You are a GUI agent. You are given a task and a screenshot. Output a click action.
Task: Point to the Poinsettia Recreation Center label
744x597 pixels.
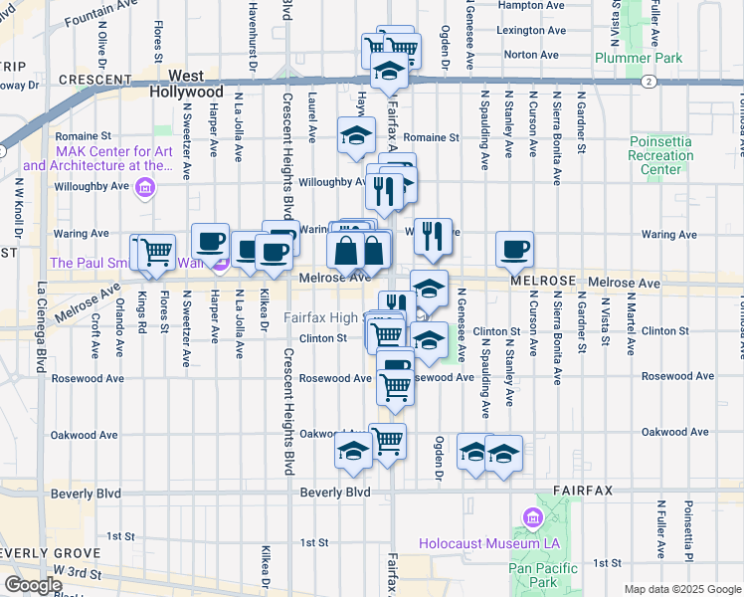[x=660, y=155]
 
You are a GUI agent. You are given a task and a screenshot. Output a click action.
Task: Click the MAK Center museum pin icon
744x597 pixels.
[x=145, y=186]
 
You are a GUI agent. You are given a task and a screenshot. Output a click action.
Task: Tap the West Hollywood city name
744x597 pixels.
[x=186, y=83]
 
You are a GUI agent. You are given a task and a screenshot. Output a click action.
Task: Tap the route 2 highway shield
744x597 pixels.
[x=648, y=82]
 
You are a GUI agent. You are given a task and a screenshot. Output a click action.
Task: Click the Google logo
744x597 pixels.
[x=33, y=585]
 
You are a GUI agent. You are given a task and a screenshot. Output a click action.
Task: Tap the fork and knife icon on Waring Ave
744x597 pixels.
[x=432, y=235]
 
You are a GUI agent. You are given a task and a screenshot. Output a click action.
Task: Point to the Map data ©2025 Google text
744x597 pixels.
[x=682, y=589]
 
